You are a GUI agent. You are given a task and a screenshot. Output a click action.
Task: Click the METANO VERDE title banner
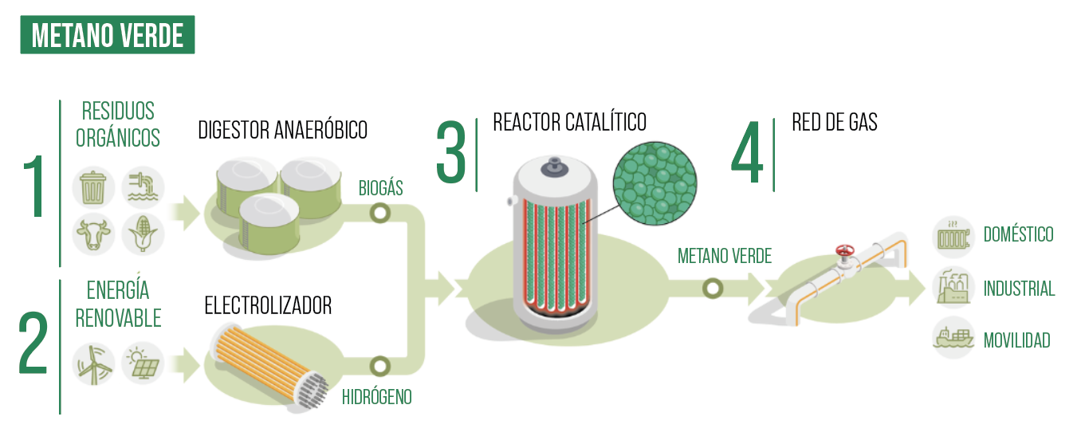pyautogui.click(x=108, y=36)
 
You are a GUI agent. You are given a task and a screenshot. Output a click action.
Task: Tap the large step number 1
pyautogui.click(x=34, y=187)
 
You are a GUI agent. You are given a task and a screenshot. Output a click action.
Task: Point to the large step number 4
pyautogui.click(x=748, y=155)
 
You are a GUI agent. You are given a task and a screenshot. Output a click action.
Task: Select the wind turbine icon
pyautogui.click(x=94, y=364)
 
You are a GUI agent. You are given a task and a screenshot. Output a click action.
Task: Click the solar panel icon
pyautogui.click(x=143, y=364)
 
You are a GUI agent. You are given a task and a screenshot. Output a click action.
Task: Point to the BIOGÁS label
pyautogui.click(x=380, y=188)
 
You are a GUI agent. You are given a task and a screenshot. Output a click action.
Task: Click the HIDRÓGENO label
pyautogui.click(x=376, y=396)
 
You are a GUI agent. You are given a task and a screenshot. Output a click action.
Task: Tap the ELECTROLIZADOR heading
pyautogui.click(x=268, y=305)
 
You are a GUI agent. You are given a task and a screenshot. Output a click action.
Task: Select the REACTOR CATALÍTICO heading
pyautogui.click(x=569, y=122)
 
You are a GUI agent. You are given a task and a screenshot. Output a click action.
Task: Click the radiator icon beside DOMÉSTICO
pyautogui.click(x=953, y=236)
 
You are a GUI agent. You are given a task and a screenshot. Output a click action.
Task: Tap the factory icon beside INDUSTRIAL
pyautogui.click(x=953, y=288)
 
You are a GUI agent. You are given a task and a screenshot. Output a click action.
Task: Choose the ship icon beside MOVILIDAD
pyautogui.click(x=953, y=340)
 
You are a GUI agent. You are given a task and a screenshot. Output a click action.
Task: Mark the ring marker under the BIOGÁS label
pyautogui.click(x=380, y=213)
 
